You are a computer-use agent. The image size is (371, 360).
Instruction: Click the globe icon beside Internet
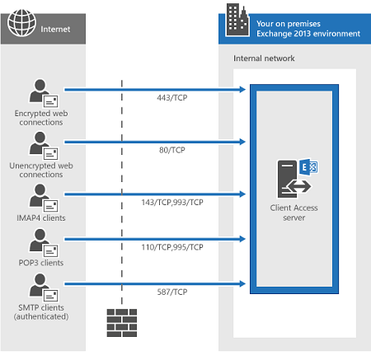pyautogui.click(x=21, y=23)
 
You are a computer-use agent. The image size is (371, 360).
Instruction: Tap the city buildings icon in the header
pyautogui.click(x=237, y=20)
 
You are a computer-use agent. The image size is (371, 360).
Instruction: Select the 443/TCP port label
pyautogui.click(x=172, y=98)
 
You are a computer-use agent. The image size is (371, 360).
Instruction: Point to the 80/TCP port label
pyautogui.click(x=172, y=150)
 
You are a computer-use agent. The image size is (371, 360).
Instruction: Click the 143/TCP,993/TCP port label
pyautogui.click(x=172, y=203)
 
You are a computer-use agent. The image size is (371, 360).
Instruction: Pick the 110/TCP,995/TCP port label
pyautogui.click(x=172, y=247)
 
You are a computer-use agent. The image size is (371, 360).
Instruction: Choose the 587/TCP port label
pyautogui.click(x=172, y=292)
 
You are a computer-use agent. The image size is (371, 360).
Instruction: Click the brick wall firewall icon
pyautogui.click(x=122, y=323)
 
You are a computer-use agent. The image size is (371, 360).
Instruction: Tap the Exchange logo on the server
pyautogui.click(x=308, y=166)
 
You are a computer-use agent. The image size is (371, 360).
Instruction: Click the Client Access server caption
pyautogui.click(x=294, y=213)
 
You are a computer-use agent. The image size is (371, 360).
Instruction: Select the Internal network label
pyautogui.click(x=264, y=58)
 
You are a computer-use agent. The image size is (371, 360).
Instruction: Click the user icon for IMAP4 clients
pyautogui.click(x=44, y=198)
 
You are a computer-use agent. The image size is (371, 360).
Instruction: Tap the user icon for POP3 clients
pyautogui.click(x=44, y=243)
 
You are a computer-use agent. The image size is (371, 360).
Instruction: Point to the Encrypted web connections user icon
pyautogui.click(x=44, y=93)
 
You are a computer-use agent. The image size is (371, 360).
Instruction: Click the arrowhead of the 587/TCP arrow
pyautogui.click(x=242, y=283)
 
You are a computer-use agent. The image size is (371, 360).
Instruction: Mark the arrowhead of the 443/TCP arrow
pyautogui.click(x=242, y=90)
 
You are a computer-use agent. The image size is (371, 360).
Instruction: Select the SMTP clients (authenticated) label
pyautogui.click(x=41, y=312)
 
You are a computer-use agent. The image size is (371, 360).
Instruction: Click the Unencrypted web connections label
pyautogui.click(x=41, y=170)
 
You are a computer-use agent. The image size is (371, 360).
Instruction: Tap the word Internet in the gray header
pyautogui.click(x=55, y=29)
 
